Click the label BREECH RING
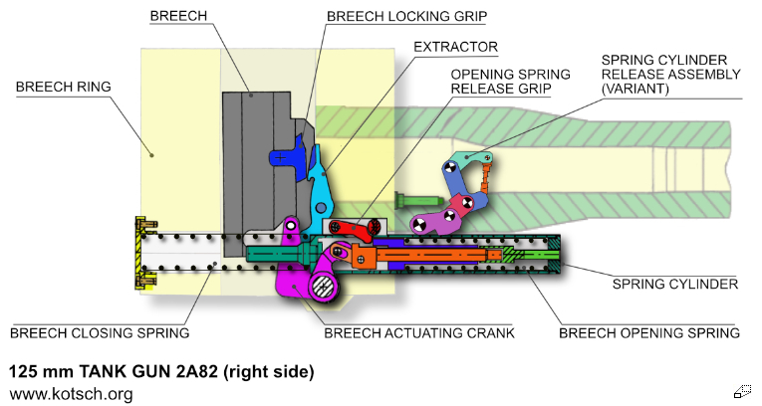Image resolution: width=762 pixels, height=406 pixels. point(64,87)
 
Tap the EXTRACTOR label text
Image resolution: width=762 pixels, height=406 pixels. point(456,47)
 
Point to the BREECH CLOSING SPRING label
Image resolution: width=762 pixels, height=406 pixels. point(99,333)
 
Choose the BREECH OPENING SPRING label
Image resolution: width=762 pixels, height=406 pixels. point(648,333)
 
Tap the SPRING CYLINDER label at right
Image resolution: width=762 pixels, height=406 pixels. point(674,284)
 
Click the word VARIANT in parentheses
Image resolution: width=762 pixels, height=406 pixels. point(639,88)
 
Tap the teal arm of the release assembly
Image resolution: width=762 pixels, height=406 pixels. point(468,160)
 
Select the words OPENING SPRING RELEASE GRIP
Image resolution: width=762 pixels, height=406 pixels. point(511,81)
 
